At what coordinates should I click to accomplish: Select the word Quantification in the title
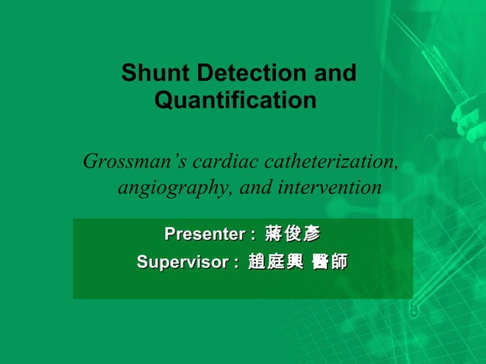coord(235,100)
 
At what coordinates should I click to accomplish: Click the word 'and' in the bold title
coord(335,74)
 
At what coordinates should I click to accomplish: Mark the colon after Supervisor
coord(236,263)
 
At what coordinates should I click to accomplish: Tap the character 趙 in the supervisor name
coord(257,262)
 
